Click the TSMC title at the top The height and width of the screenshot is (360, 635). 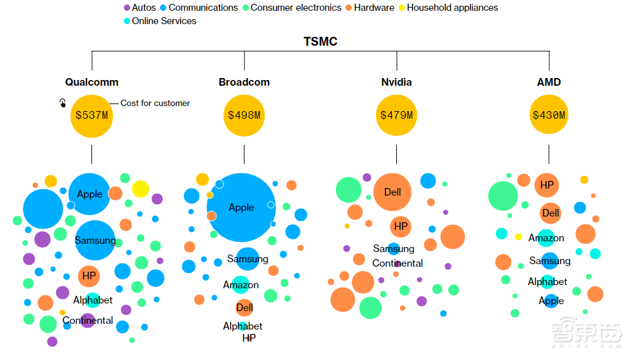[x=320, y=42]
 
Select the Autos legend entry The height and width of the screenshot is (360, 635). [x=144, y=8]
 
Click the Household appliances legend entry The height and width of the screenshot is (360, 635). [x=452, y=8]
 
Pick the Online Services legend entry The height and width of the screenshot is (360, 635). [x=164, y=21]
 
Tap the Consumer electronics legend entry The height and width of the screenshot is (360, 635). [x=296, y=8]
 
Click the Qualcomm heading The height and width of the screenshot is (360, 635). [x=91, y=82]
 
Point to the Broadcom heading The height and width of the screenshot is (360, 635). [x=244, y=82]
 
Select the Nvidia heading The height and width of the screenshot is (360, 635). [x=396, y=82]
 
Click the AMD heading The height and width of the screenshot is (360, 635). [x=549, y=82]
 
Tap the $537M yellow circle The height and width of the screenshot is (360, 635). [x=91, y=115]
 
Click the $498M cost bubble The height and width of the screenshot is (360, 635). [x=244, y=115]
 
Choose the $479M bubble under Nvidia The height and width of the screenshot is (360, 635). [x=396, y=115]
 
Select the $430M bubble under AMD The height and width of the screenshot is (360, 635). [x=549, y=115]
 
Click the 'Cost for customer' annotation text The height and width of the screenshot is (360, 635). [x=155, y=103]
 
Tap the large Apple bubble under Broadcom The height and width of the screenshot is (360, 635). [x=241, y=208]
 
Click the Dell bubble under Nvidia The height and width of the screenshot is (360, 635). [x=392, y=192]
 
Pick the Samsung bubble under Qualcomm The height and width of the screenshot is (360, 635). [x=95, y=241]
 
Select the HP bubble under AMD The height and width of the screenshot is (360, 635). [x=547, y=185]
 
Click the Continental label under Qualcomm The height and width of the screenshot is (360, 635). [x=88, y=321]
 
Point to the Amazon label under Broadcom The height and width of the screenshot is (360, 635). [x=241, y=285]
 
